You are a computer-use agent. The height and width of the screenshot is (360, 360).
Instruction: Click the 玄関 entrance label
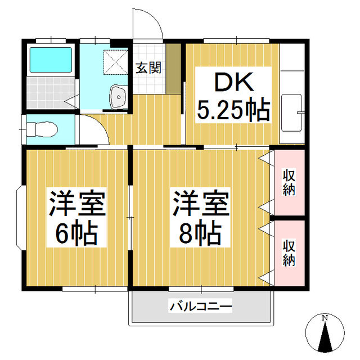[148, 67]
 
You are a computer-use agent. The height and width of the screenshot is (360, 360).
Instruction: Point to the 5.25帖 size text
[232, 110]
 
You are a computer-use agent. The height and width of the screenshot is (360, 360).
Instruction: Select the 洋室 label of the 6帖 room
[78, 204]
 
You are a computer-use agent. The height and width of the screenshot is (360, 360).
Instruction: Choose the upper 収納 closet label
[289, 181]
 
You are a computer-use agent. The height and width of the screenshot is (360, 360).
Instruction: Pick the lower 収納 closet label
[289, 252]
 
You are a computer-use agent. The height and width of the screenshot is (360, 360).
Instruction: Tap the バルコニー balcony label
[201, 307]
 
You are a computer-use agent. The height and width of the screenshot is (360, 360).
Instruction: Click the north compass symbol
[325, 334]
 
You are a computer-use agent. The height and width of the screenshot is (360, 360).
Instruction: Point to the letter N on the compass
[325, 318]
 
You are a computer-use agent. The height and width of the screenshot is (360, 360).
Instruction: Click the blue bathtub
[50, 61]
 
